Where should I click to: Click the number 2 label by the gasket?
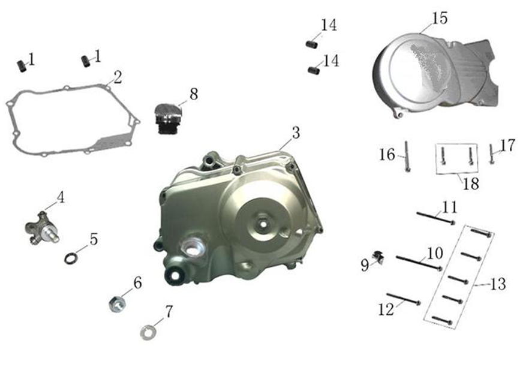click(x=118, y=77)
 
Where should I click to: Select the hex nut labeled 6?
click(x=117, y=304)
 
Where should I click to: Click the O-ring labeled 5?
click(x=71, y=258)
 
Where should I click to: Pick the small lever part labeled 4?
click(x=43, y=228)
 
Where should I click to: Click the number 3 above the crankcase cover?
click(x=296, y=133)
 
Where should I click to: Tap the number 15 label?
click(x=440, y=18)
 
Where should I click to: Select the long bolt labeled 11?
click(x=436, y=218)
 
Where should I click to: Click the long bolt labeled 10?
click(x=419, y=263)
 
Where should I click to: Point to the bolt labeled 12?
click(x=404, y=299)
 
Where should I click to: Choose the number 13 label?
click(x=498, y=284)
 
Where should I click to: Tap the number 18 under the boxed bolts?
click(x=471, y=183)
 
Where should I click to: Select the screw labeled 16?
click(x=407, y=157)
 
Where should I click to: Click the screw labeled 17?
click(x=491, y=154)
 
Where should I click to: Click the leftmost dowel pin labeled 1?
click(x=22, y=65)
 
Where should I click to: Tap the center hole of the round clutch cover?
click(x=263, y=224)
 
